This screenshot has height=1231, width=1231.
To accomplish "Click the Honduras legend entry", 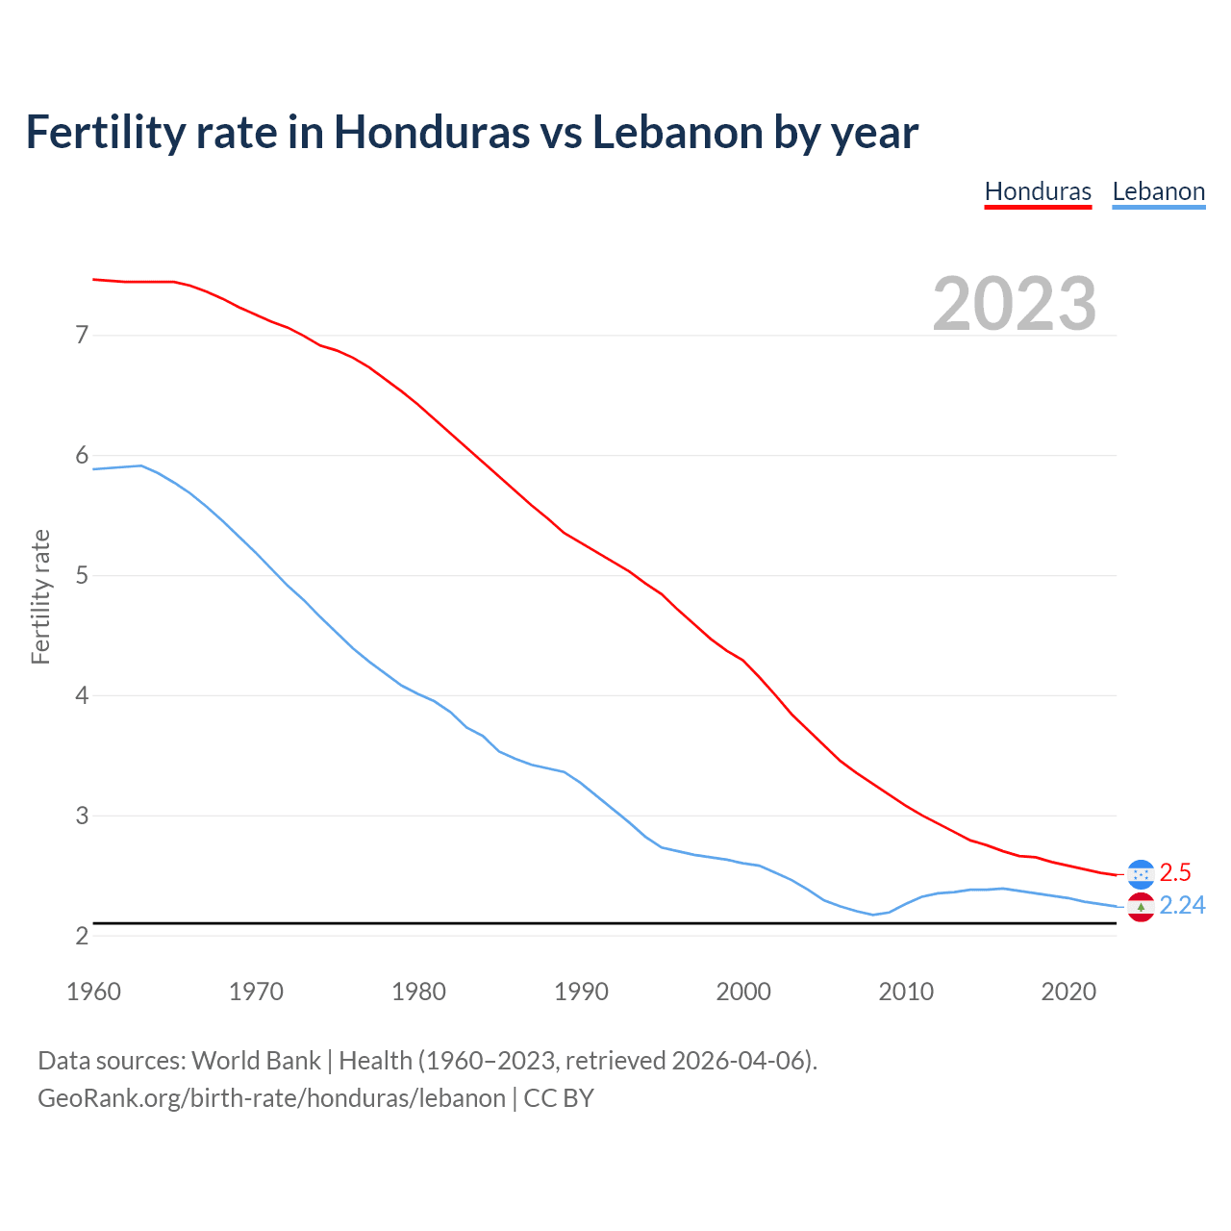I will point(1038,191).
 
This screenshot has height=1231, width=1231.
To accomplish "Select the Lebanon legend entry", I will point(1158,191).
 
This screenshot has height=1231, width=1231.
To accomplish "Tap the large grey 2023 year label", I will point(1015,304).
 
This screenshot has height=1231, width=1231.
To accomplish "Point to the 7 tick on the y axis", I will point(82,336).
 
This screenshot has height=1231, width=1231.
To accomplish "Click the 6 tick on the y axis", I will point(82,456).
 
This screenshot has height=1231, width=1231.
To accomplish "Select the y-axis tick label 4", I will point(82,695).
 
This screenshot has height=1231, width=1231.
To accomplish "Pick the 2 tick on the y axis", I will point(82,936).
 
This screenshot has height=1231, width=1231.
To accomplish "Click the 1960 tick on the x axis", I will point(93,992).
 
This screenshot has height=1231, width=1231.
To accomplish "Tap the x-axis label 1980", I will point(418,992).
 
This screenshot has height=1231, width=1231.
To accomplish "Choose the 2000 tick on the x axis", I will point(743,992).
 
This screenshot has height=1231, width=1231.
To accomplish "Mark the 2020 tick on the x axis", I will point(1068,992).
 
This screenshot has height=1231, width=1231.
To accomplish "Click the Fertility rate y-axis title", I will point(40,596).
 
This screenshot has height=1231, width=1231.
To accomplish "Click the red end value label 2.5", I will point(1175,872).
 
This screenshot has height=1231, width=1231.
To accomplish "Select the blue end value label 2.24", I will point(1182,906).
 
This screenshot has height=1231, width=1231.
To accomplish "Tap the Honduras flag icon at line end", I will point(1141,873).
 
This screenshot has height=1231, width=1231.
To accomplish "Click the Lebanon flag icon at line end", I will point(1141,907).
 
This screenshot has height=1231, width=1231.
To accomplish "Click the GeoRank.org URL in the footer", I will point(271,1098).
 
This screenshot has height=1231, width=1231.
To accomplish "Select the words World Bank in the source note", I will point(256,1061).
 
